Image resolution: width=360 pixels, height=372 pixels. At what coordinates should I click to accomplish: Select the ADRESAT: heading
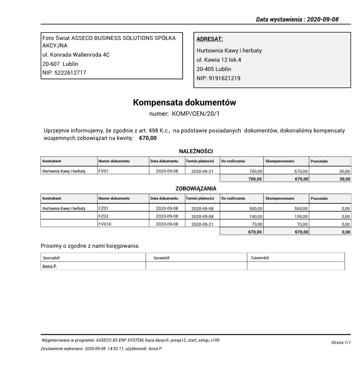[x=209, y=39]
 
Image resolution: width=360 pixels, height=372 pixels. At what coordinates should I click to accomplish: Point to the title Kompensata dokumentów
[x=184, y=102]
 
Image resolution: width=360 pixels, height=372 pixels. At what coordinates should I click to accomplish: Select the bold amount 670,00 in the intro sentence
[x=148, y=139]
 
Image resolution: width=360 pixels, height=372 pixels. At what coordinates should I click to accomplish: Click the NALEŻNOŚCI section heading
[x=196, y=151]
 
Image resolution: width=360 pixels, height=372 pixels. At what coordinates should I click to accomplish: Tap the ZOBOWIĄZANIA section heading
[x=196, y=188]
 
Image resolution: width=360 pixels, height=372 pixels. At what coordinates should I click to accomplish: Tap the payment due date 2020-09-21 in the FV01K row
[x=202, y=224]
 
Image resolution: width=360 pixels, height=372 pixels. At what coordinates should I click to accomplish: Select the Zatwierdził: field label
[x=261, y=257]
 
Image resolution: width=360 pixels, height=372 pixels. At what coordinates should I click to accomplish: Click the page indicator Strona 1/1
[x=341, y=343]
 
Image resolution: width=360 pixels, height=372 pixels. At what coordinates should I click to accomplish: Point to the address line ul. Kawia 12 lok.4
[x=219, y=60]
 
